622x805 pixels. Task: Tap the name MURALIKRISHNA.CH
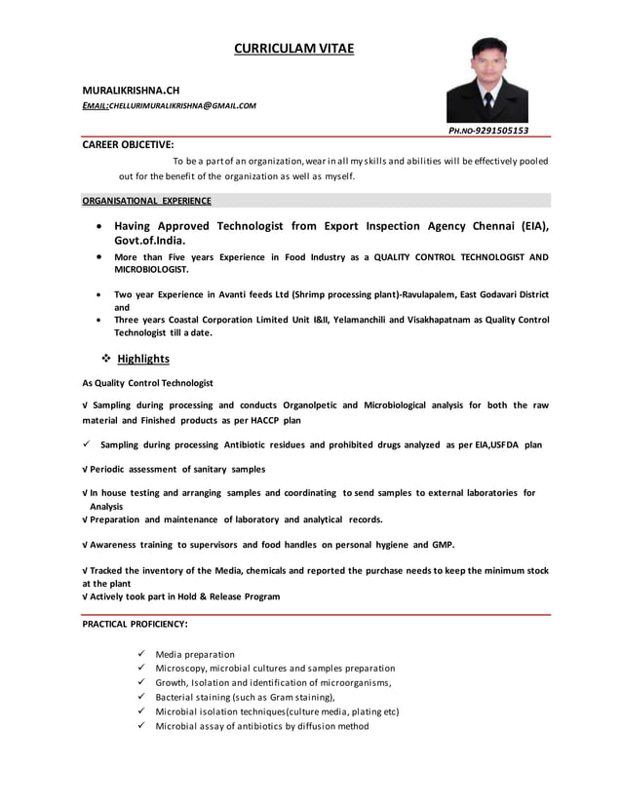pyautogui.click(x=131, y=89)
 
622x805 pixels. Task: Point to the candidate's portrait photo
pyautogui.click(x=487, y=80)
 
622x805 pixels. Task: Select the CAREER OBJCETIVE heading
pyautogui.click(x=128, y=144)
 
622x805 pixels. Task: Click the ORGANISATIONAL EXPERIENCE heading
pyautogui.click(x=146, y=201)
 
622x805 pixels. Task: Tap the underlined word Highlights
pyautogui.click(x=143, y=359)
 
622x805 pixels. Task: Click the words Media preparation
pyautogui.click(x=195, y=654)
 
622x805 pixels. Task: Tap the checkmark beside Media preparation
pyautogui.click(x=142, y=654)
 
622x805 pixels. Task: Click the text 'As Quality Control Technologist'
pyautogui.click(x=147, y=383)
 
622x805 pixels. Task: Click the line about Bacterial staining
pyautogui.click(x=245, y=697)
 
